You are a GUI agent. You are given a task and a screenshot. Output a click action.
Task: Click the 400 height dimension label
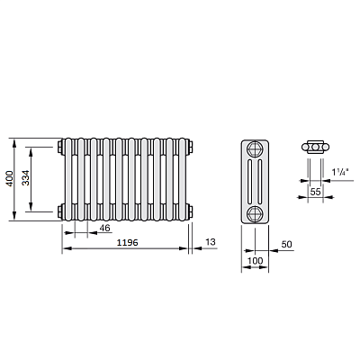10,178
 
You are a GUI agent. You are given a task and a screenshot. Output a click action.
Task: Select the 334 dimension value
26,178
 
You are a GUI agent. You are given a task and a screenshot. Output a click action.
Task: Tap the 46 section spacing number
104,229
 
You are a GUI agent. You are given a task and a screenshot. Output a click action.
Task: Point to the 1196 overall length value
127,242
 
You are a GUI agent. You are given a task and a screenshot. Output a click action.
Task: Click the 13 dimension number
211,242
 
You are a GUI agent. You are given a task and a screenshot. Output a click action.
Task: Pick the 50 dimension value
286,244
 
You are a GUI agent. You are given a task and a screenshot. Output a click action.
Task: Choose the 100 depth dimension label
255,261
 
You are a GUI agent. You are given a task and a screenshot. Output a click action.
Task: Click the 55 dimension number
315,192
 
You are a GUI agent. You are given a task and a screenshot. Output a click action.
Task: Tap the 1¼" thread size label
340,172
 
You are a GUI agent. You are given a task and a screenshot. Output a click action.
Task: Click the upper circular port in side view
255,148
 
